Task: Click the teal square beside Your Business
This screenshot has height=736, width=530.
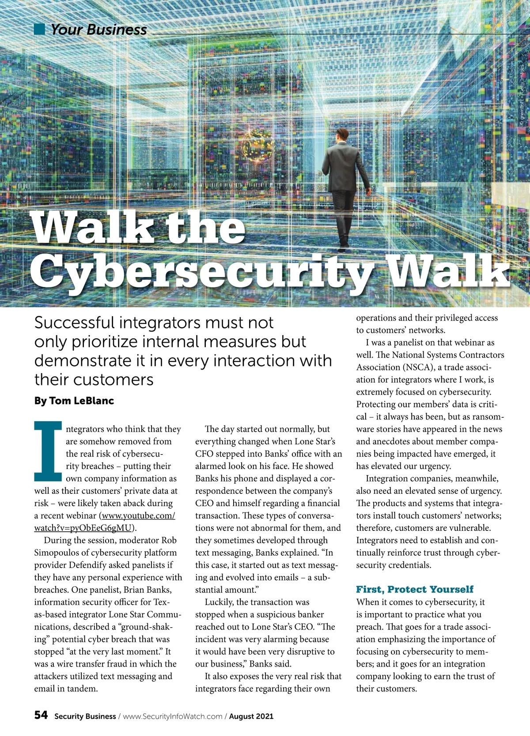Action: click(x=40, y=29)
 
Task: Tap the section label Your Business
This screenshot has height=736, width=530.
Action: click(x=98, y=30)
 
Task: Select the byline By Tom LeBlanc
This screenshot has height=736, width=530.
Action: click(x=74, y=400)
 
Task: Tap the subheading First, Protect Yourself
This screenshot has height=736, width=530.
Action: click(x=414, y=589)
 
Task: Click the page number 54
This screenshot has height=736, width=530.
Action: click(x=41, y=715)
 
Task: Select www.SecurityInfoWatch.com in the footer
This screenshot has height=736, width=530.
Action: click(x=172, y=716)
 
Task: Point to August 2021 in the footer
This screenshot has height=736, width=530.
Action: click(x=251, y=716)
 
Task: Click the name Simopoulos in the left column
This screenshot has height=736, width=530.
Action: click(x=57, y=553)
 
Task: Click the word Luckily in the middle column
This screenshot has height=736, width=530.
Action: click(x=219, y=602)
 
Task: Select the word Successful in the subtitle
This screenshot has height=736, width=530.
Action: click(x=73, y=323)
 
